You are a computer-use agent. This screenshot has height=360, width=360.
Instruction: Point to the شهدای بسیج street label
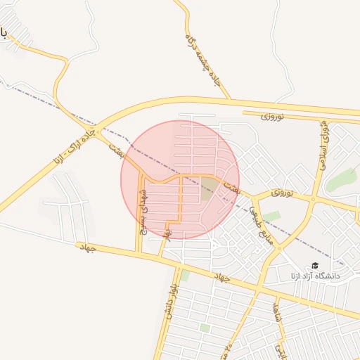[143, 210]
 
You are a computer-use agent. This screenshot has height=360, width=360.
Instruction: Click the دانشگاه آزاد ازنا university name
[314, 276]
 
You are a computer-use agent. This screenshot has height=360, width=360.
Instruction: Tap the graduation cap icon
[315, 265]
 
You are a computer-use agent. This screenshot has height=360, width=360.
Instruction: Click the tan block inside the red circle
[210, 187]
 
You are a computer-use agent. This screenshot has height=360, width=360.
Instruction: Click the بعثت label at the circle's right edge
[231, 186]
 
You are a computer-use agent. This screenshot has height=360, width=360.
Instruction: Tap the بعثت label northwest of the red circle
[116, 148]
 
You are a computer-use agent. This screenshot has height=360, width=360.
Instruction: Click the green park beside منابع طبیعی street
[271, 216]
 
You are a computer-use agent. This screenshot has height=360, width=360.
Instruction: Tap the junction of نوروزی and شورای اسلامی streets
[313, 200]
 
